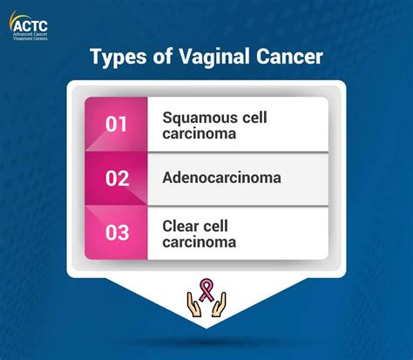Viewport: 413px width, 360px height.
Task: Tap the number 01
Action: [x=117, y=124]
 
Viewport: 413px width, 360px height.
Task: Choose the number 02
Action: [x=117, y=179]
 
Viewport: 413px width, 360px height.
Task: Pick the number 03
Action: [x=117, y=233]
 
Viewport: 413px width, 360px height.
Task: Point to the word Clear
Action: [x=181, y=225]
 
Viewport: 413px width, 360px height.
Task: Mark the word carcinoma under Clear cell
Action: [x=198, y=241]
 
